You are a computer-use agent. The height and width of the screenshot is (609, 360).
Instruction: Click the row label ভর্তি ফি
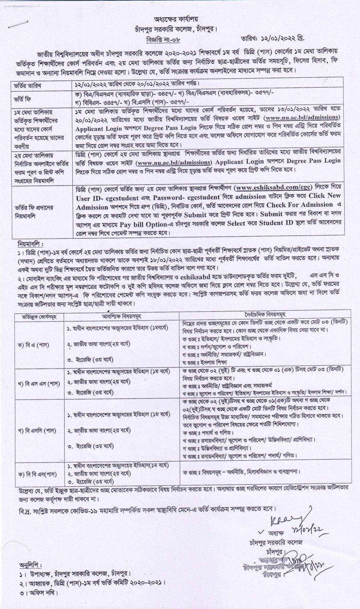click(23, 98)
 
